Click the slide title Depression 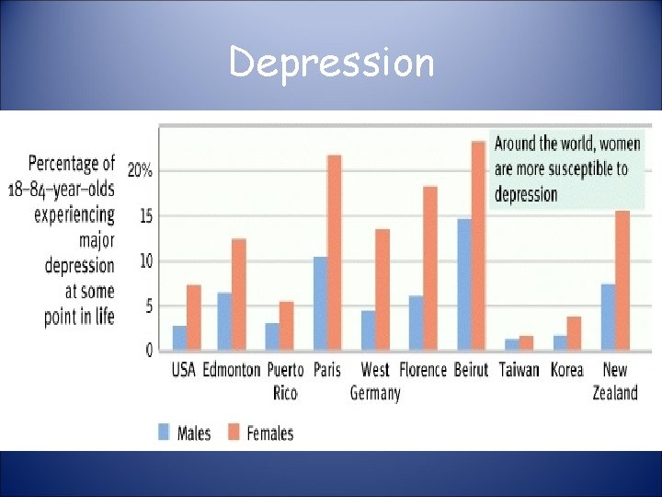(x=331, y=63)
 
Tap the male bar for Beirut (x=463, y=284)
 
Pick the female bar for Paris (x=334, y=252)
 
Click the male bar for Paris (x=319, y=304)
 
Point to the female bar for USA (x=193, y=318)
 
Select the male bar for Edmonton (x=223, y=321)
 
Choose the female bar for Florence (x=429, y=268)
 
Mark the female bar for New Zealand (x=622, y=281)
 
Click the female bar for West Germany (x=382, y=290)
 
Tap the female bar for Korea (x=574, y=333)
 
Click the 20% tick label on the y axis (x=140, y=171)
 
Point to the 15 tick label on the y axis (x=144, y=216)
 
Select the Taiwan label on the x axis (x=519, y=370)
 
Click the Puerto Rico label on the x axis (x=285, y=381)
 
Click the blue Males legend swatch (x=164, y=431)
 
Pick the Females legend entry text (x=270, y=432)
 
